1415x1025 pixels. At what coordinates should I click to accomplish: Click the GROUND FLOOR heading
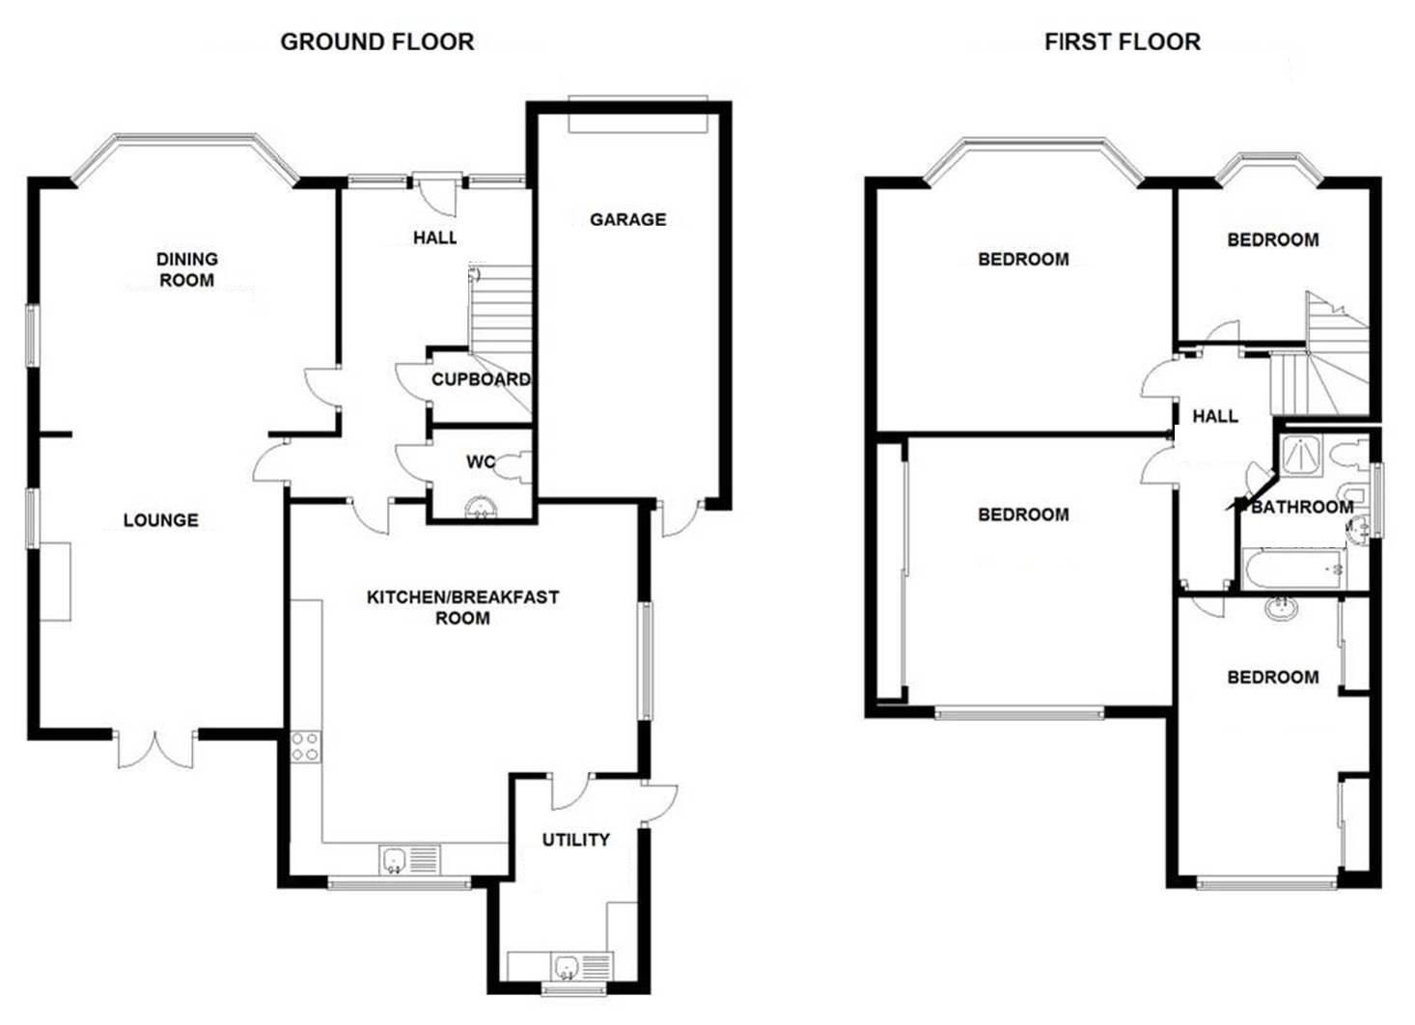click(377, 42)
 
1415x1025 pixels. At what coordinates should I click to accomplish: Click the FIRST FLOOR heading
click(1123, 42)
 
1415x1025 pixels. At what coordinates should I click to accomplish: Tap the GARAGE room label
click(628, 220)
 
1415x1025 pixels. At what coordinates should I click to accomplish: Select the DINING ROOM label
click(187, 269)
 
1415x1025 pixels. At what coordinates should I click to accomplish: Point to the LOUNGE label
click(161, 520)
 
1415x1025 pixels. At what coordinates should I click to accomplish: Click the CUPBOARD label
click(481, 379)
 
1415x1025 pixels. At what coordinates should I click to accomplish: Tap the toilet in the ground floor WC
click(513, 468)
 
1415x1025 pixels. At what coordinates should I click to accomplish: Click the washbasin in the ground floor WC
click(482, 508)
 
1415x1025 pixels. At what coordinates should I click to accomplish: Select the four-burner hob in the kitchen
click(306, 746)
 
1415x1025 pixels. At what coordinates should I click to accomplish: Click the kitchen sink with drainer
click(410, 860)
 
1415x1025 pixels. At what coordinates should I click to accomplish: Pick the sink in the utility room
click(581, 967)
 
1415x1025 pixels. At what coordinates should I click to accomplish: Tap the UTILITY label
click(576, 840)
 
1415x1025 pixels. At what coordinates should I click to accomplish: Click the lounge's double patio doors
click(155, 750)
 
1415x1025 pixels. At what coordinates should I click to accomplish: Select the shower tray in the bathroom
click(1301, 456)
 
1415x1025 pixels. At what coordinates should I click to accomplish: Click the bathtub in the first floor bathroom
click(1293, 569)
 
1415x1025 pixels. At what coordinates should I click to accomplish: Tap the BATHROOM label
click(1302, 507)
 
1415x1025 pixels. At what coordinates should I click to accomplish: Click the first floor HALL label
click(1215, 417)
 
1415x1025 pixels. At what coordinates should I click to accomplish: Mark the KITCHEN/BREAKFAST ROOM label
click(463, 607)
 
